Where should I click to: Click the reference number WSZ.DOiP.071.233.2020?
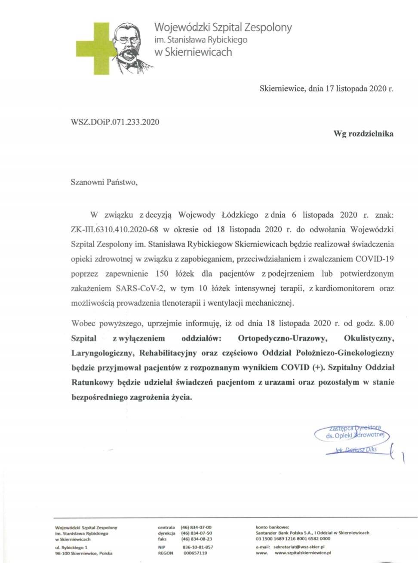point(115,122)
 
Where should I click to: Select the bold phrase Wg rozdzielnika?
point(363,134)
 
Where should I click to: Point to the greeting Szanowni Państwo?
point(104,182)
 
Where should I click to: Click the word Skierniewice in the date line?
point(282,89)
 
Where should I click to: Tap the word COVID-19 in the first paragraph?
point(374,259)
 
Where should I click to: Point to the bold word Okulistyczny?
point(369,338)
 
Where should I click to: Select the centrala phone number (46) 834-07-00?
point(196,527)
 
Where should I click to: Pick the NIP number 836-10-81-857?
point(198,547)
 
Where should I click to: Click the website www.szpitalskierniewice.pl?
point(303,553)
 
